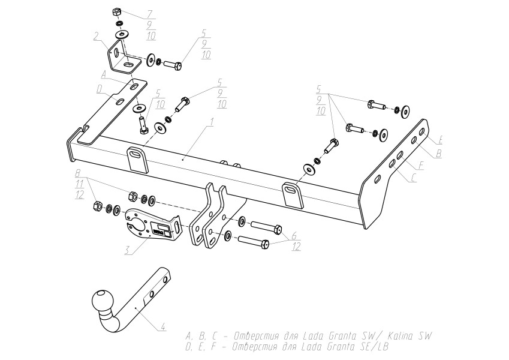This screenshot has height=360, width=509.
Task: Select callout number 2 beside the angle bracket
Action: (96, 36)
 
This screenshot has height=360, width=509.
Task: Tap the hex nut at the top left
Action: (117, 13)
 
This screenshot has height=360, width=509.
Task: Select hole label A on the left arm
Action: (104, 75)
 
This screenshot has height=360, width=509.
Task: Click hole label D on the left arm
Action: (100, 89)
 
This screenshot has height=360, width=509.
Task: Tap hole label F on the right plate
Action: (421, 166)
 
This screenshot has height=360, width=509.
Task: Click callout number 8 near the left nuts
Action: (78, 173)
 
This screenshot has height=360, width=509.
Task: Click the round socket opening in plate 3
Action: (138, 225)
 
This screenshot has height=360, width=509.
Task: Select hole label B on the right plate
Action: (438, 153)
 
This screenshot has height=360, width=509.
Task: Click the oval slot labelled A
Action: (134, 86)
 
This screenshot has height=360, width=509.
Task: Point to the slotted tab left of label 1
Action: (137, 159)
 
